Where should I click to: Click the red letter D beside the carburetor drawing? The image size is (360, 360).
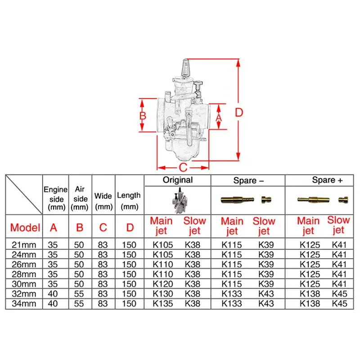point(239,112)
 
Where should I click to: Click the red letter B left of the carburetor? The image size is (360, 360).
point(143,116)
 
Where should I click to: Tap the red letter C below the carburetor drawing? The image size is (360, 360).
point(183,168)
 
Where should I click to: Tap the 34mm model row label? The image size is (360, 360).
point(23,303)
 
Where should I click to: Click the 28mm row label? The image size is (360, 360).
point(23,274)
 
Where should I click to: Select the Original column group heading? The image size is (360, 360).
point(177,180)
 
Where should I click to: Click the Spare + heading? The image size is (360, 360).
point(328,180)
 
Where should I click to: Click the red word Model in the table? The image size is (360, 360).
point(25,227)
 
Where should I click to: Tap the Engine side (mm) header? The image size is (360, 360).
point(55,198)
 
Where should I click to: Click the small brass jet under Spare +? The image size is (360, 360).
point(344,199)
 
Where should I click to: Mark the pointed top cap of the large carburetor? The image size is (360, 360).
point(185,68)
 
